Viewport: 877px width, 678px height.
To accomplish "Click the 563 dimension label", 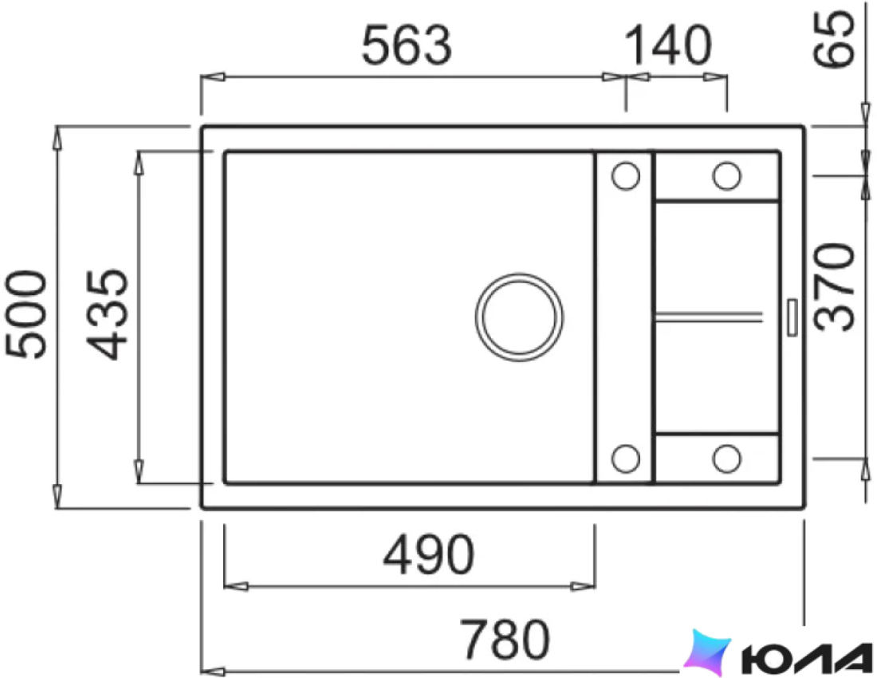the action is [407, 45].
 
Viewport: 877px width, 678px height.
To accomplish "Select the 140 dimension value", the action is [667, 45].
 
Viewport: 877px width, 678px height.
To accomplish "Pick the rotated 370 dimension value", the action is [834, 286].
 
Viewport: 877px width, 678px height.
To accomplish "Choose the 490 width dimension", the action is [428, 555].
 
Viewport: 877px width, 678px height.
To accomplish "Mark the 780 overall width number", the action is [505, 640].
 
